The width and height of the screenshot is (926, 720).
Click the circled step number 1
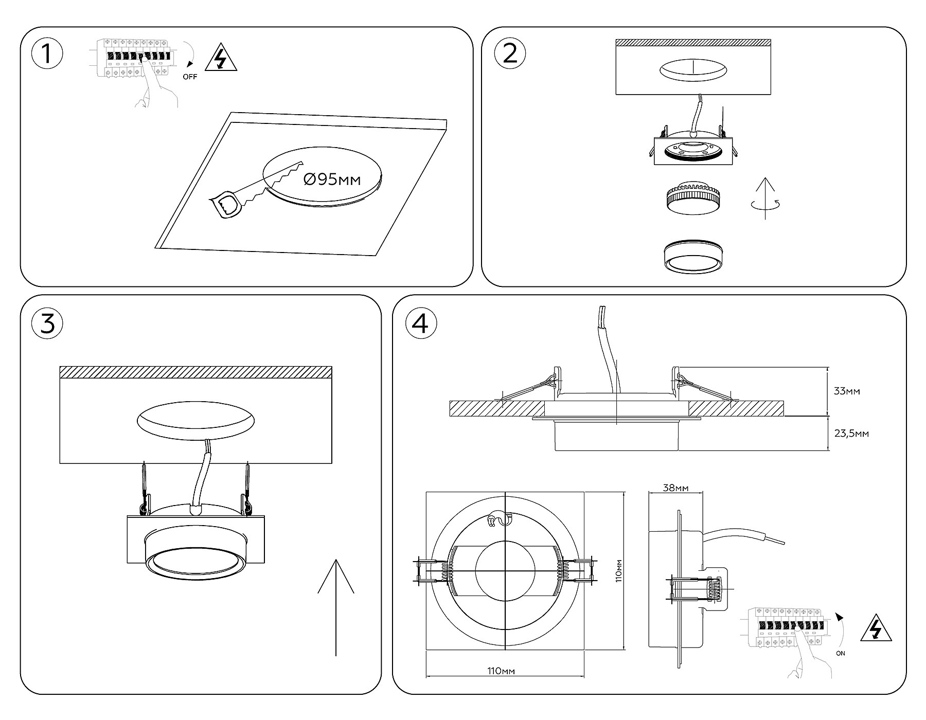47,54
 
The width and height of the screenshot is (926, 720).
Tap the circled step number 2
509,54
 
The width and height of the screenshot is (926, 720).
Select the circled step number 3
47,325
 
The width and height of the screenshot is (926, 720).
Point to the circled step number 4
421,325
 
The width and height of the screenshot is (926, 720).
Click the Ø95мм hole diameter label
332,179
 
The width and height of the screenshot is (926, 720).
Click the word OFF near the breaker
190,77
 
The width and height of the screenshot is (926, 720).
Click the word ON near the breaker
840,654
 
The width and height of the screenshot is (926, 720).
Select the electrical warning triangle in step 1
221,60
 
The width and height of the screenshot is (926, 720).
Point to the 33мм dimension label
847,391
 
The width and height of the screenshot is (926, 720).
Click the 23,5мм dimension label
851,434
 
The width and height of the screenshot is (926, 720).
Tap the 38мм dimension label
675,488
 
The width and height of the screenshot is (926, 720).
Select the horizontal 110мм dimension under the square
501,671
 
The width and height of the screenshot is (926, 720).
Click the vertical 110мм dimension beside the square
619,570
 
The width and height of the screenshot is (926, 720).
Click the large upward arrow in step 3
335,607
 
